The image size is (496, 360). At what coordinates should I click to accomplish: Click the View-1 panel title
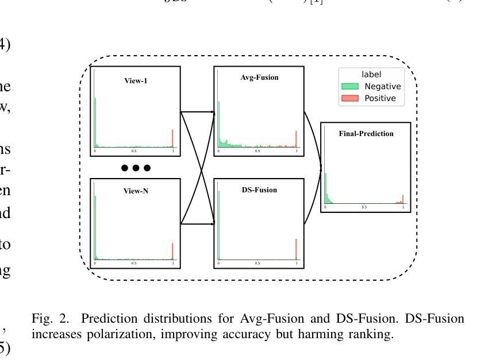136,81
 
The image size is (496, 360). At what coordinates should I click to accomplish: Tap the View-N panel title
136,191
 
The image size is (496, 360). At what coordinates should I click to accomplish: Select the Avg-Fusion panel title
259,78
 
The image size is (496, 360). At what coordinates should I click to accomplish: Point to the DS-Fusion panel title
259,190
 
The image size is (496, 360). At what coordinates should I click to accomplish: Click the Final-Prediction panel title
366,134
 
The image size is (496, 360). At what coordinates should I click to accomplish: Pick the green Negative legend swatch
350,87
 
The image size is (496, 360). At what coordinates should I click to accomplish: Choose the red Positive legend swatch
350,98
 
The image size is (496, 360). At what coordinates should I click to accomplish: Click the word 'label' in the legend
371,74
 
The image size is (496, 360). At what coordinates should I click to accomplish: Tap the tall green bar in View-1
95,122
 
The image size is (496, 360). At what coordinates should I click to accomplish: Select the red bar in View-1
172,138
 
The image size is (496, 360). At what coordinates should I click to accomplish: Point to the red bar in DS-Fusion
296,249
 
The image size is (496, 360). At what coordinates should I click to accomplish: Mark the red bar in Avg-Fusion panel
296,139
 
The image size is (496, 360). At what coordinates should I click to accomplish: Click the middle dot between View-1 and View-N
136,168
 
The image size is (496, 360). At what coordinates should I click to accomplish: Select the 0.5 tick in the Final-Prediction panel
364,207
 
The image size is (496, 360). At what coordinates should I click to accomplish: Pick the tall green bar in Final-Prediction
325,188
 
